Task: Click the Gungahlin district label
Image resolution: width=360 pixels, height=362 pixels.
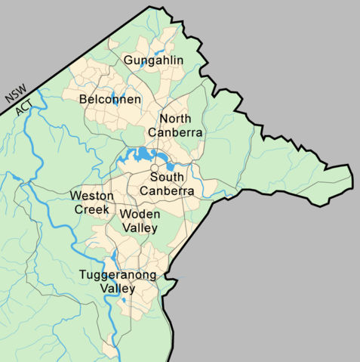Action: coord(153,60)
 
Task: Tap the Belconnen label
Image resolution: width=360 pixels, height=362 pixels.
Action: coord(109,99)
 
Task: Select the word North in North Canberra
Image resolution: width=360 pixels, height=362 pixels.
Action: coord(175,119)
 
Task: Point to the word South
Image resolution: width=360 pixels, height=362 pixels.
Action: coord(167,178)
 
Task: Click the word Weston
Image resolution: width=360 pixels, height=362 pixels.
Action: coord(92,196)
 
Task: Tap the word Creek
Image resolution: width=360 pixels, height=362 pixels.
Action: coord(91,209)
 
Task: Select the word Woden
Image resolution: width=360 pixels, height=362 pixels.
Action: coord(140,215)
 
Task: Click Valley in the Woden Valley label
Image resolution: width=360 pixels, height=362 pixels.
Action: coord(140,228)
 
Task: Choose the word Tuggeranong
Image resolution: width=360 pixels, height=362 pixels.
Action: coord(118,275)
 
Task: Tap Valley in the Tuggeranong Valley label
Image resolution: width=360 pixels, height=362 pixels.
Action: coord(118,289)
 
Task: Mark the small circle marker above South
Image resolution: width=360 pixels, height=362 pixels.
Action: coord(154,167)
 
